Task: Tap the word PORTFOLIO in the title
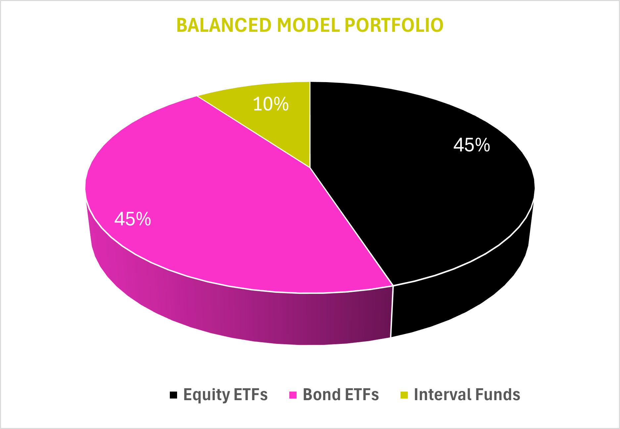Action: click(x=394, y=25)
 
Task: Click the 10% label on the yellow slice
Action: click(x=271, y=104)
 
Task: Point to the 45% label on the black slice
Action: click(x=471, y=145)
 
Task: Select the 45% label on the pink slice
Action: click(x=133, y=219)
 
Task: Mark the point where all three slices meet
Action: click(x=310, y=167)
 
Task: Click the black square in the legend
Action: click(x=173, y=395)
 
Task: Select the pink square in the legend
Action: click(x=293, y=395)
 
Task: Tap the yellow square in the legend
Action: click(x=404, y=395)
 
